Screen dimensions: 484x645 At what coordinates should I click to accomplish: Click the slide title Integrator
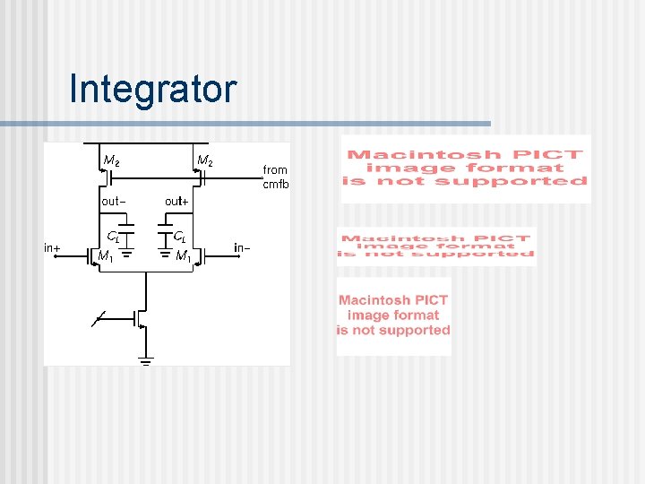click(152, 90)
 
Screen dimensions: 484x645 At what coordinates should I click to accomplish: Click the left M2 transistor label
click(111, 161)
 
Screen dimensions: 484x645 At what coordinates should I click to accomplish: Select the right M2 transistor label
click(204, 161)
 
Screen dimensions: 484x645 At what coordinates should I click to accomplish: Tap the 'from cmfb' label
click(275, 177)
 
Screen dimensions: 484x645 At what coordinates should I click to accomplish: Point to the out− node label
click(113, 202)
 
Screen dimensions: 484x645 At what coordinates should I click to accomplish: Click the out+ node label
click(176, 202)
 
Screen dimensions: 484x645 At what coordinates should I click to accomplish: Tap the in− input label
click(242, 247)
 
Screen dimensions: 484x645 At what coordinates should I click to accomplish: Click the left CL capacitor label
click(113, 238)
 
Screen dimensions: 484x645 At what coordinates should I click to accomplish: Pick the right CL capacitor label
click(179, 238)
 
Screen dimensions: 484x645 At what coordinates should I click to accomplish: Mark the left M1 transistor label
click(105, 256)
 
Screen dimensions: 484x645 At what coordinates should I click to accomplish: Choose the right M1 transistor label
click(184, 256)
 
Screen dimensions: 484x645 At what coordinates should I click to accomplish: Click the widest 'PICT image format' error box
click(466, 169)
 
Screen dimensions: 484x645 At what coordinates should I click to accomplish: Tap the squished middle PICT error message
click(436, 246)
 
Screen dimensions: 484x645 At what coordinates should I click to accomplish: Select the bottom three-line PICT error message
click(394, 315)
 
